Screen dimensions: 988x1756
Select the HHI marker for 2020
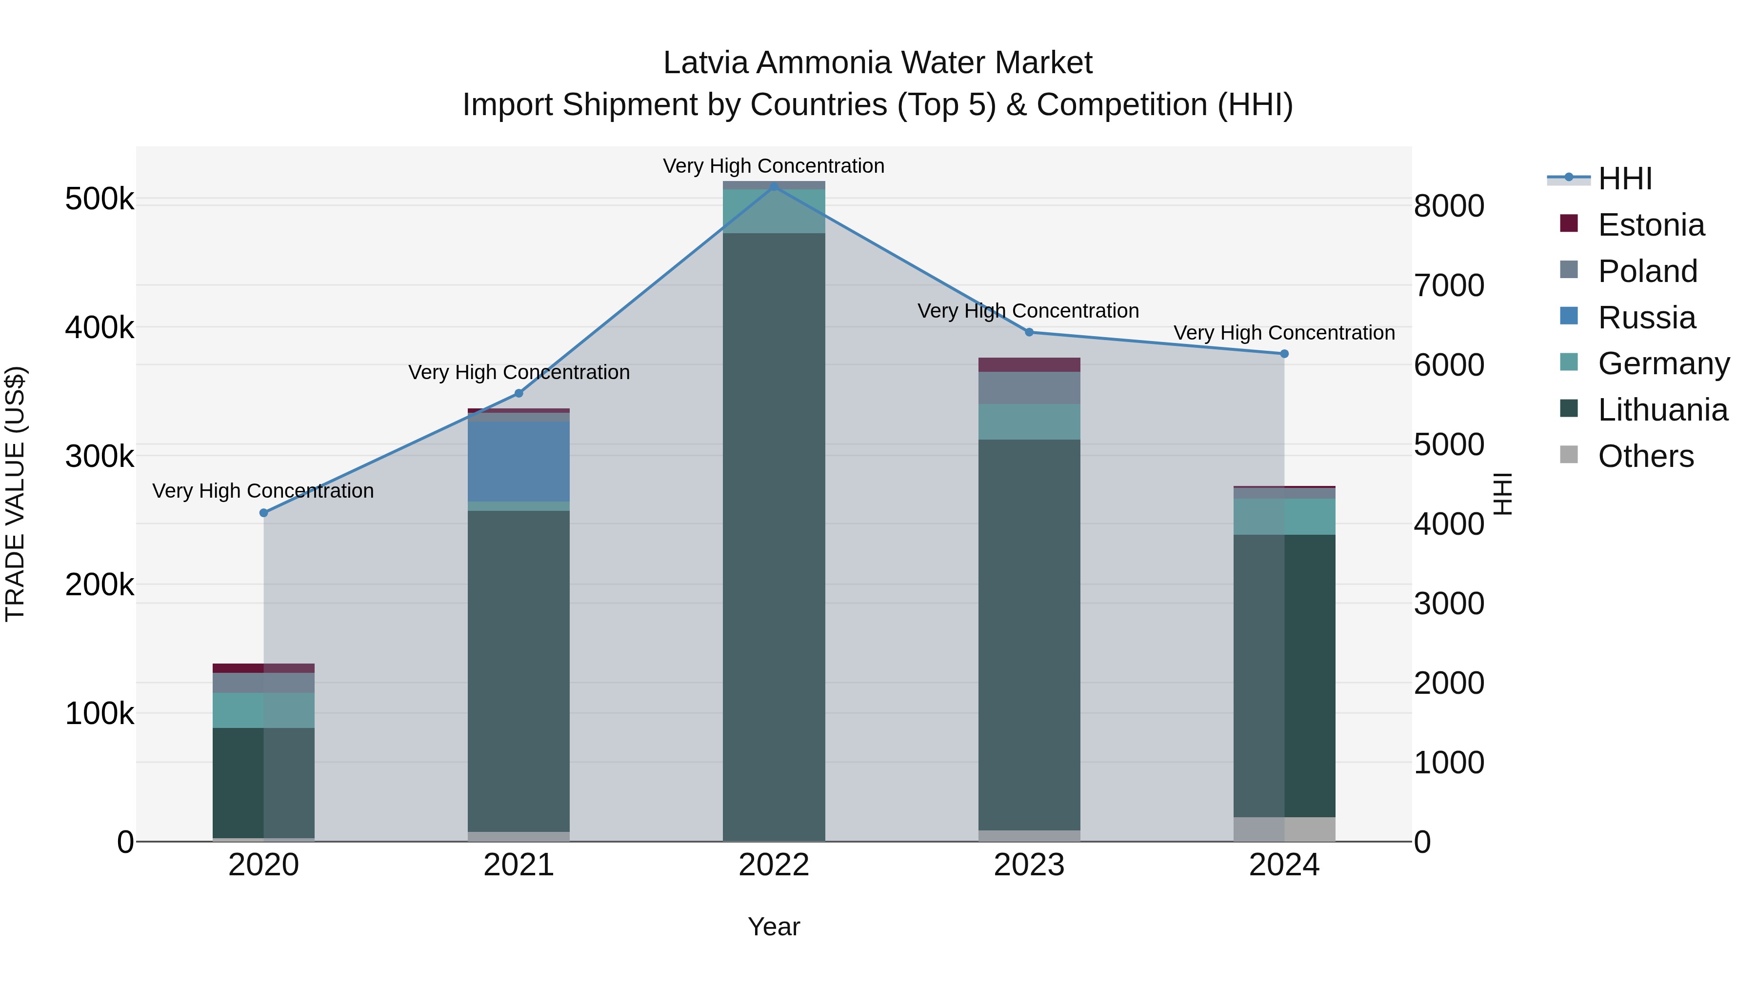264,513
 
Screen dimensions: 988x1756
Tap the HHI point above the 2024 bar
1284,354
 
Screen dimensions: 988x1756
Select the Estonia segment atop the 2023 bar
1029,365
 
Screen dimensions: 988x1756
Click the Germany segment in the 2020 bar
264,710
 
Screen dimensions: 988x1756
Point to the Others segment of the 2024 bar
1284,828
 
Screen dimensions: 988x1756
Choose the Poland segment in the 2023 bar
1029,387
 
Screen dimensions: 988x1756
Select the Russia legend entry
1646,318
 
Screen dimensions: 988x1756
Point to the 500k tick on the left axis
100,199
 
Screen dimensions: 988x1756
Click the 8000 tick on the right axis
1449,206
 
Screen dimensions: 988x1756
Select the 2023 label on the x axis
1029,865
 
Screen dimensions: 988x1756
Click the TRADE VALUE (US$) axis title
15,494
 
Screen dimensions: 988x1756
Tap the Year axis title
774,927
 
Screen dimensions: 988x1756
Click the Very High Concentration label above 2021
519,372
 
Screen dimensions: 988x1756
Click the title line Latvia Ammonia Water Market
878,63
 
